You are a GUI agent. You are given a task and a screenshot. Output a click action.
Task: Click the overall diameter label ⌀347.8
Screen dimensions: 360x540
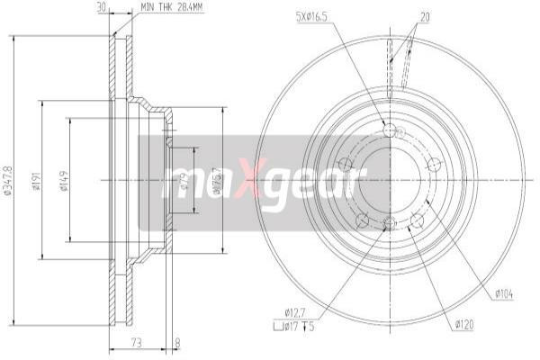click(x=8, y=180)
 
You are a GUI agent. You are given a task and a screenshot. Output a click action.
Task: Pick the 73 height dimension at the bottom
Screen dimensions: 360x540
click(x=137, y=341)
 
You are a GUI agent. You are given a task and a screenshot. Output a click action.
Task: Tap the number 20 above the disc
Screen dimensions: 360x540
click(x=425, y=15)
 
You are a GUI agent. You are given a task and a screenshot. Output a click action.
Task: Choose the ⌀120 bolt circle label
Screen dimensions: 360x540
click(x=464, y=323)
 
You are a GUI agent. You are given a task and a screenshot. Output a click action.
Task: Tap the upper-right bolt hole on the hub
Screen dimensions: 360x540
click(x=434, y=164)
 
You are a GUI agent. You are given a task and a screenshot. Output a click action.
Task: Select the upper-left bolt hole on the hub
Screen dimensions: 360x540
click(x=344, y=164)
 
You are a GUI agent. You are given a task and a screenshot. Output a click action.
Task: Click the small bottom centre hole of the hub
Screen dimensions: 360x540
click(x=389, y=222)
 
